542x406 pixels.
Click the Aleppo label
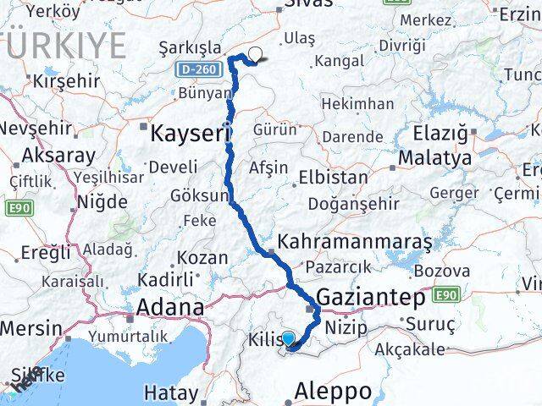pos(334,391)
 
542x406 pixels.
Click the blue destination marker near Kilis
pos(289,339)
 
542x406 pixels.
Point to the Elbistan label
pos(332,178)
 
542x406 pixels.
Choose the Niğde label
pos(102,201)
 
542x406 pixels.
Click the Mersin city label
pos(30,328)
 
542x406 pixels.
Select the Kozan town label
pos(202,258)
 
